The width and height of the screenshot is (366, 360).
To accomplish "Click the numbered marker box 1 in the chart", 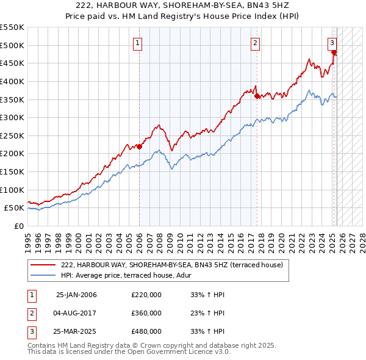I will point(138,43).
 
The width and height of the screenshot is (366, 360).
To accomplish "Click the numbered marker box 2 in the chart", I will point(255,43).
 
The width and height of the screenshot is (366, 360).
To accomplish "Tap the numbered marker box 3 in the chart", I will point(332,43).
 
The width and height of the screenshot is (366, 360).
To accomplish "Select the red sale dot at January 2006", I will point(139,146).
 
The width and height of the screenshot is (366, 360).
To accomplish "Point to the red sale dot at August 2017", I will point(256,96).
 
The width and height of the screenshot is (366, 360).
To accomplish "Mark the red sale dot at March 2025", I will point(334,52).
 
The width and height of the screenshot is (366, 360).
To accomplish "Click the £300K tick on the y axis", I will point(12,117).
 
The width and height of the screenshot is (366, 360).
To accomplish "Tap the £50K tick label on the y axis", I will point(14,208).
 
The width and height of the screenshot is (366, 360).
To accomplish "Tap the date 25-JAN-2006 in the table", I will point(76,295).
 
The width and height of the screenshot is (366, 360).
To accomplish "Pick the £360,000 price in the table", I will point(146,314).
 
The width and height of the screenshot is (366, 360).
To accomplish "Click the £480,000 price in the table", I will point(146,332).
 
